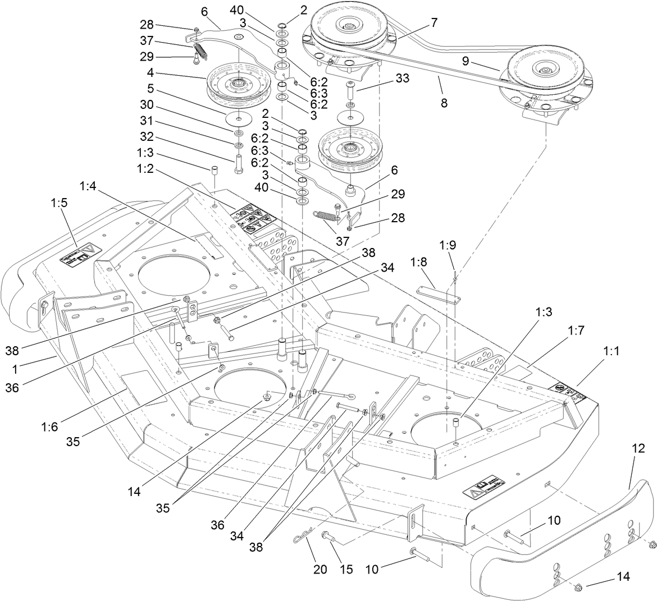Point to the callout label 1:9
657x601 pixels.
click(448, 245)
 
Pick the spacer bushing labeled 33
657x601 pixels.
click(350, 89)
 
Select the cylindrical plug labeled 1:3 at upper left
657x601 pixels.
click(214, 171)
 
